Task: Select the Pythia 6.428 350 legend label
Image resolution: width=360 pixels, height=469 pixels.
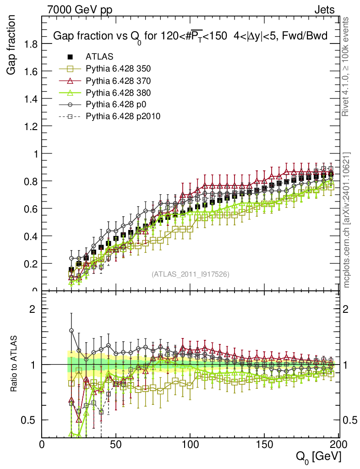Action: click(x=118, y=69)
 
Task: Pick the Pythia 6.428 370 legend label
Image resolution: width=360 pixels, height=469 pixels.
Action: click(x=118, y=81)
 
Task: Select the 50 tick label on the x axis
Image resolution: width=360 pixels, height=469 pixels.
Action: click(x=116, y=444)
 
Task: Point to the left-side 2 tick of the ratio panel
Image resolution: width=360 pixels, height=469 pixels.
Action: click(x=33, y=309)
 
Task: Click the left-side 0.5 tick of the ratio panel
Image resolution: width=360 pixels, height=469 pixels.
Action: click(x=29, y=420)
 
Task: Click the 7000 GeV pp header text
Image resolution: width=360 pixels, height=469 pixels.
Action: click(x=80, y=10)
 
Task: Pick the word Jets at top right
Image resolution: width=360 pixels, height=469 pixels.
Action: click(x=324, y=10)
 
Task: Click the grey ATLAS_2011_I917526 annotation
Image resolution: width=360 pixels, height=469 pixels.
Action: click(x=191, y=274)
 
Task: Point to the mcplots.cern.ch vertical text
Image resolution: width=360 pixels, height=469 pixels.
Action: click(x=347, y=220)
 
